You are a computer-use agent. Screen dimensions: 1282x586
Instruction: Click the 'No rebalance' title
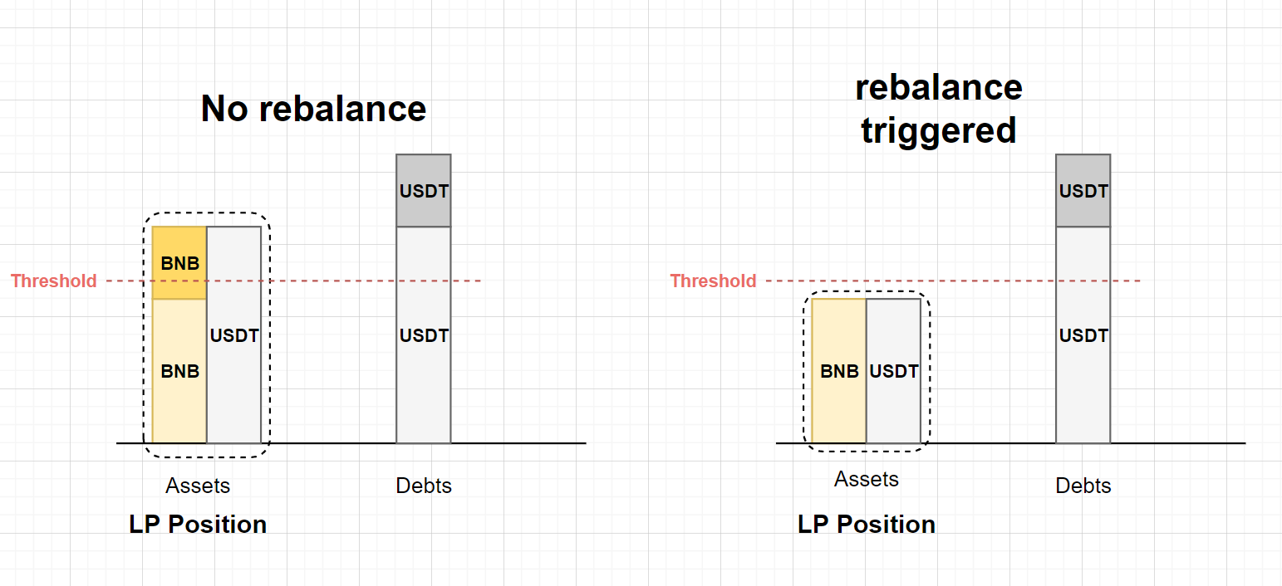click(313, 109)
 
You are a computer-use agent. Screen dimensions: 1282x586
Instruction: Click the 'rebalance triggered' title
click(938, 109)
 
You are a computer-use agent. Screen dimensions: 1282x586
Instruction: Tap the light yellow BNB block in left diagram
click(179, 371)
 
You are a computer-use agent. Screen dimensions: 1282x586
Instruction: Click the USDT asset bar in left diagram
click(233, 335)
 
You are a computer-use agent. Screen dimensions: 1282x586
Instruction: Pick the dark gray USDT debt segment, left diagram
click(424, 191)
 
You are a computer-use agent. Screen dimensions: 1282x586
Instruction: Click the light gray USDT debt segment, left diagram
click(424, 335)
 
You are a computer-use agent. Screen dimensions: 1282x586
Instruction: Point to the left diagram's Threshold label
click(54, 281)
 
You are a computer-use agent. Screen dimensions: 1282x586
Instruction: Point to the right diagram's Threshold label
click(713, 281)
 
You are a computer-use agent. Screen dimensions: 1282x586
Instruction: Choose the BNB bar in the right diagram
click(839, 371)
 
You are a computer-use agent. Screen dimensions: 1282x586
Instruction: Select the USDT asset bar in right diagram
click(893, 371)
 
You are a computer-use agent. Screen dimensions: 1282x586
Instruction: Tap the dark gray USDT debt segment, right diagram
click(1083, 191)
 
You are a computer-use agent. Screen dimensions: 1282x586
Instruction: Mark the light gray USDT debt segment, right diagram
click(1083, 335)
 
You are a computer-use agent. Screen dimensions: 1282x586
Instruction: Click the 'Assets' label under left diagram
click(198, 486)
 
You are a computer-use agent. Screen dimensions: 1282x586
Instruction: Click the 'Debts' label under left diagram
click(424, 486)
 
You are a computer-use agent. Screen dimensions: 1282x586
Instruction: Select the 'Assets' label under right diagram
click(867, 479)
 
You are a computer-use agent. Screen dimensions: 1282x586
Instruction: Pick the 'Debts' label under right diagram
click(1083, 486)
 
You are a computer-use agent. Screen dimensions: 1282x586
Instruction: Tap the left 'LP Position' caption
click(198, 525)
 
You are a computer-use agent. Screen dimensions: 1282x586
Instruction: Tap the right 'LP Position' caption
click(867, 525)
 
